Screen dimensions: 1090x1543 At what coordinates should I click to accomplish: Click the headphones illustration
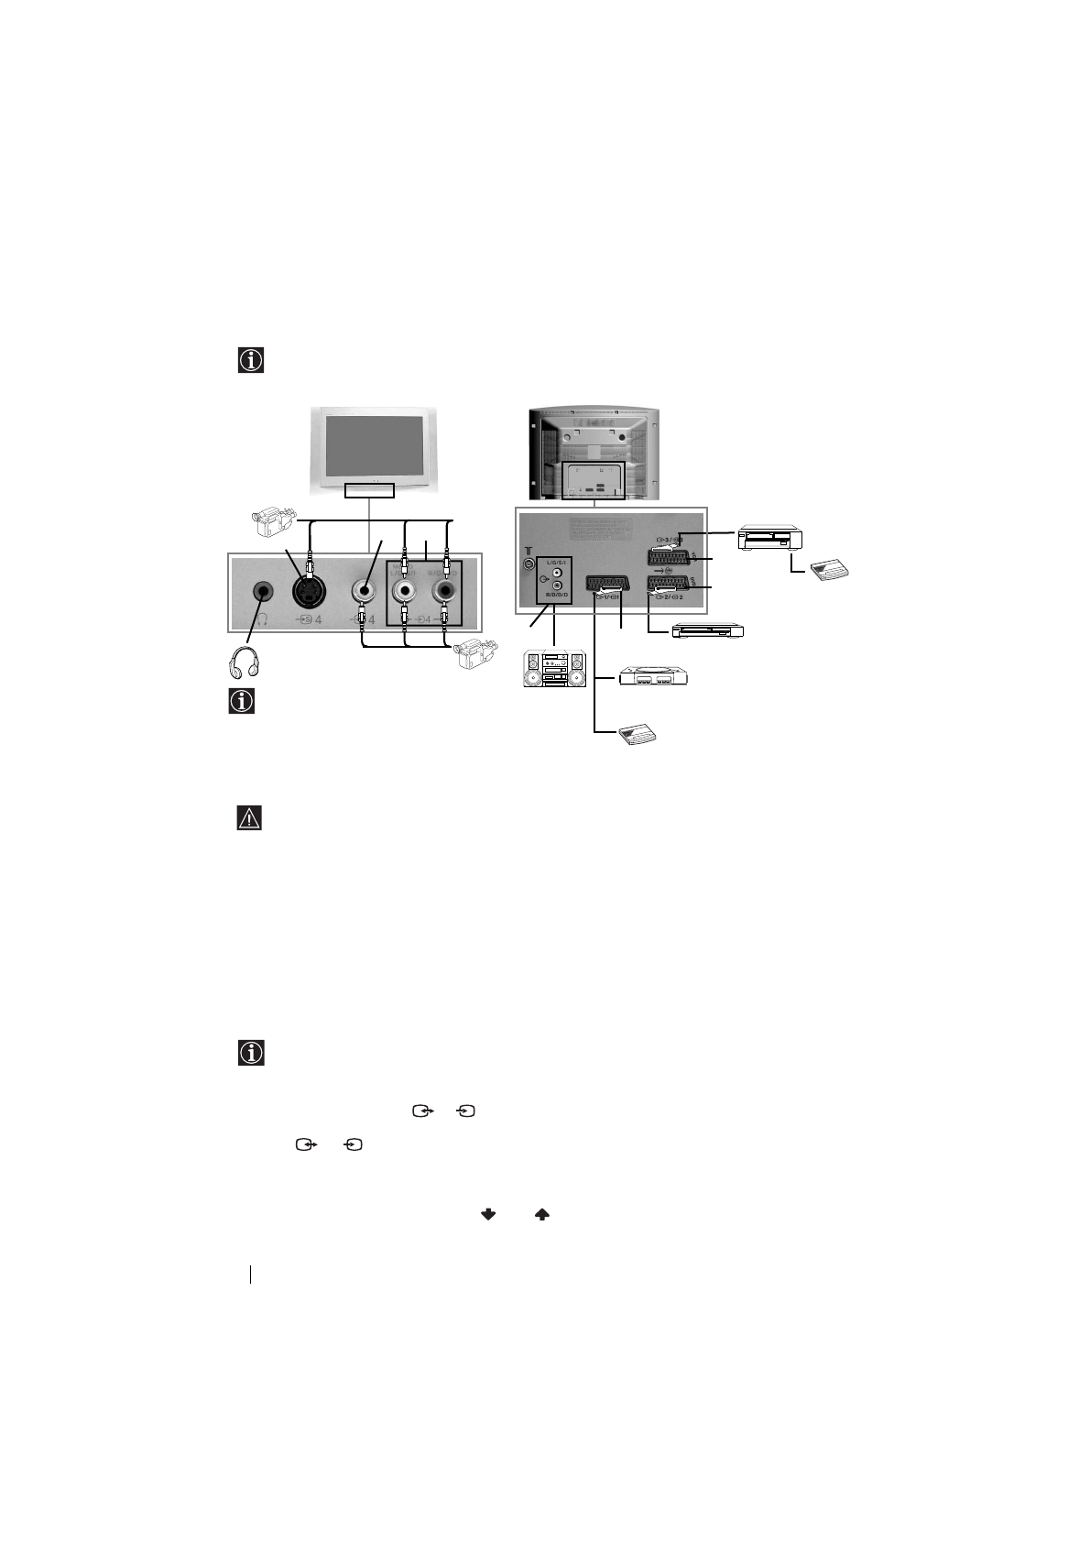[243, 663]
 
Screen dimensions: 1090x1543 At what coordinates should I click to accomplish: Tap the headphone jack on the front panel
[264, 593]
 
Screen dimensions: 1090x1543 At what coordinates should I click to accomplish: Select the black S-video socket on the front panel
[311, 594]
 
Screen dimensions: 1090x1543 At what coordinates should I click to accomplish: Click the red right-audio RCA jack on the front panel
[446, 594]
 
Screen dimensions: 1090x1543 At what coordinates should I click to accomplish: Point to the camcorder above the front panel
[274, 523]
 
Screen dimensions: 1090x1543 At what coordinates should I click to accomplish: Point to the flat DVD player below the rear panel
[707, 630]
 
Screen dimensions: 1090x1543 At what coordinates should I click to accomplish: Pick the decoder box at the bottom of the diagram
[638, 733]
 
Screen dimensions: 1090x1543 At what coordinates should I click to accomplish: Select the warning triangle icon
[249, 817]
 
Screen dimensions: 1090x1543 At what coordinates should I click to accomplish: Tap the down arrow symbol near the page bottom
[488, 1214]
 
